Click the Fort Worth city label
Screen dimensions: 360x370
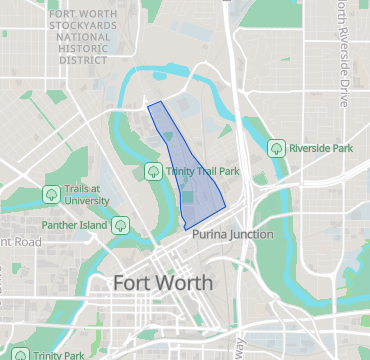163,282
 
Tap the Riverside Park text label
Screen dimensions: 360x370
321,148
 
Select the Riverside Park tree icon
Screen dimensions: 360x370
276,148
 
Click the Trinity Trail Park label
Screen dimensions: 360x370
203,171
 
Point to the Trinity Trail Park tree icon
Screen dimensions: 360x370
153,171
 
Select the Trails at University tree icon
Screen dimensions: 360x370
50,194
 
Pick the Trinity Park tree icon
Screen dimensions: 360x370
16,354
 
